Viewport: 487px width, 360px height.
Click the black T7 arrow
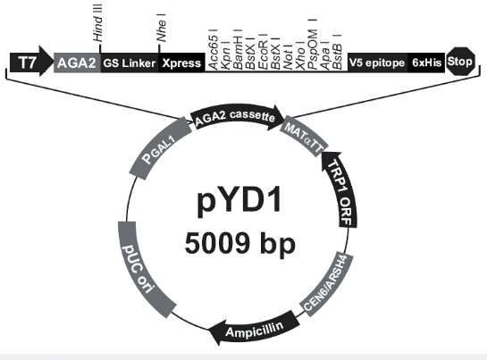[x=31, y=61]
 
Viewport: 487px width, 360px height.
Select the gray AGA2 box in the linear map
[x=77, y=63]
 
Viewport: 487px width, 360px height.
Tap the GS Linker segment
[x=130, y=63]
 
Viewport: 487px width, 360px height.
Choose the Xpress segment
[x=181, y=63]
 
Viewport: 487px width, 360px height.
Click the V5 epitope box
[x=377, y=63]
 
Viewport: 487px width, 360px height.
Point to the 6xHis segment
[x=426, y=63]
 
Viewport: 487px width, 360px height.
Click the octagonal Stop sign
[x=461, y=61]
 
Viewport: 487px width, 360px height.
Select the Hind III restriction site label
[x=97, y=23]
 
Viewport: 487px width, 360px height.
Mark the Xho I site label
[x=300, y=55]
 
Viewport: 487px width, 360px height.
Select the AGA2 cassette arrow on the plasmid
[x=237, y=116]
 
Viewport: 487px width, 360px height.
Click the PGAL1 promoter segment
[x=160, y=148]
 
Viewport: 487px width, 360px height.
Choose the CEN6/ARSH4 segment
[x=327, y=283]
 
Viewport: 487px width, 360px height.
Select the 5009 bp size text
[x=239, y=244]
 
